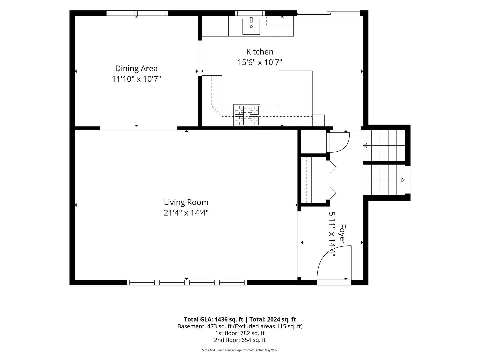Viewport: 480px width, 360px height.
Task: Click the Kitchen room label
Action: pyautogui.click(x=260, y=52)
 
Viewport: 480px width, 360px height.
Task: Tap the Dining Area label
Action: pyautogui.click(x=136, y=68)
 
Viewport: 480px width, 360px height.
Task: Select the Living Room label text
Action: pyautogui.click(x=186, y=202)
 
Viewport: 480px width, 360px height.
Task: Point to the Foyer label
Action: pyautogui.click(x=342, y=234)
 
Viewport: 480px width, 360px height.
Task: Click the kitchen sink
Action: pyautogui.click(x=251, y=27)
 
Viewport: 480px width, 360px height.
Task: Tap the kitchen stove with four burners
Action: pyautogui.click(x=247, y=115)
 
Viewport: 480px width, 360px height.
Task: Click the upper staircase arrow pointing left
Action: pyautogui.click(x=384, y=145)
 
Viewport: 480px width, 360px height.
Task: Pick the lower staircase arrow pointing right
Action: pyautogui.click(x=384, y=180)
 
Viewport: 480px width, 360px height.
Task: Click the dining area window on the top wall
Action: pyautogui.click(x=137, y=13)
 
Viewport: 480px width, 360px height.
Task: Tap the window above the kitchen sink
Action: pyautogui.click(x=250, y=13)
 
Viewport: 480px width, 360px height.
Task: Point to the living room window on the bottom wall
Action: pyautogui.click(x=187, y=282)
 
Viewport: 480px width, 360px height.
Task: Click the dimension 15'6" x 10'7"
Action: pyautogui.click(x=260, y=63)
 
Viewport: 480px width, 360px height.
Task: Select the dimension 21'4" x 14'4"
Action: pyautogui.click(x=186, y=213)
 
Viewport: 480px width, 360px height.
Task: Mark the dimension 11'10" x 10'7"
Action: pyautogui.click(x=136, y=79)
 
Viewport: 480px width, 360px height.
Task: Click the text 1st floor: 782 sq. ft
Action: pyautogui.click(x=240, y=333)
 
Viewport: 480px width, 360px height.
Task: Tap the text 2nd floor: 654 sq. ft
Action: pyautogui.click(x=240, y=340)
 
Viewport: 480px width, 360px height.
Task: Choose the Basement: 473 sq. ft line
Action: pyautogui.click(x=240, y=326)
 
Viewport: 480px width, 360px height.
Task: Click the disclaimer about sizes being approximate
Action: pyautogui.click(x=240, y=350)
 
